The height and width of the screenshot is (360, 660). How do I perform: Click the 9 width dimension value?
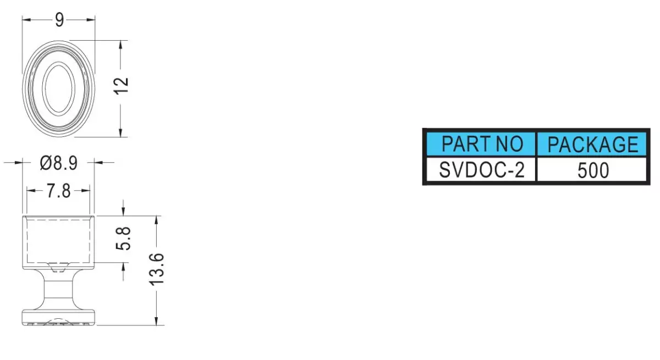59,20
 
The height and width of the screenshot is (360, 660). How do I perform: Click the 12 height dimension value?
121,86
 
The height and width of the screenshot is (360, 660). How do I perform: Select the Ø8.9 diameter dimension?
59,163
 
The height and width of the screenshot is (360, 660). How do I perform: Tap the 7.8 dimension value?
59,191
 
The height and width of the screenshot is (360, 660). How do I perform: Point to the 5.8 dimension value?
123,239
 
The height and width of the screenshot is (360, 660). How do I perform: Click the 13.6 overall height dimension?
156,269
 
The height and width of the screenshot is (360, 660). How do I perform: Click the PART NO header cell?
481,144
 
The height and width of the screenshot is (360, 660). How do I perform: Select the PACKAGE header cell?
592,144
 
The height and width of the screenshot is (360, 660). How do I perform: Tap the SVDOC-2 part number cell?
481,170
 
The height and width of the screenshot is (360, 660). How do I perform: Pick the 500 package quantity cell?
592,170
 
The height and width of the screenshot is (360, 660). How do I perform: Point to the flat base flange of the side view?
59,317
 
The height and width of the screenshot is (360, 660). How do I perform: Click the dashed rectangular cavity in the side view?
27,239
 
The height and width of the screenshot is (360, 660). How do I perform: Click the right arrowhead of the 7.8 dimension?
85,191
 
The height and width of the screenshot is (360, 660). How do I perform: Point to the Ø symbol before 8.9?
46,163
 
